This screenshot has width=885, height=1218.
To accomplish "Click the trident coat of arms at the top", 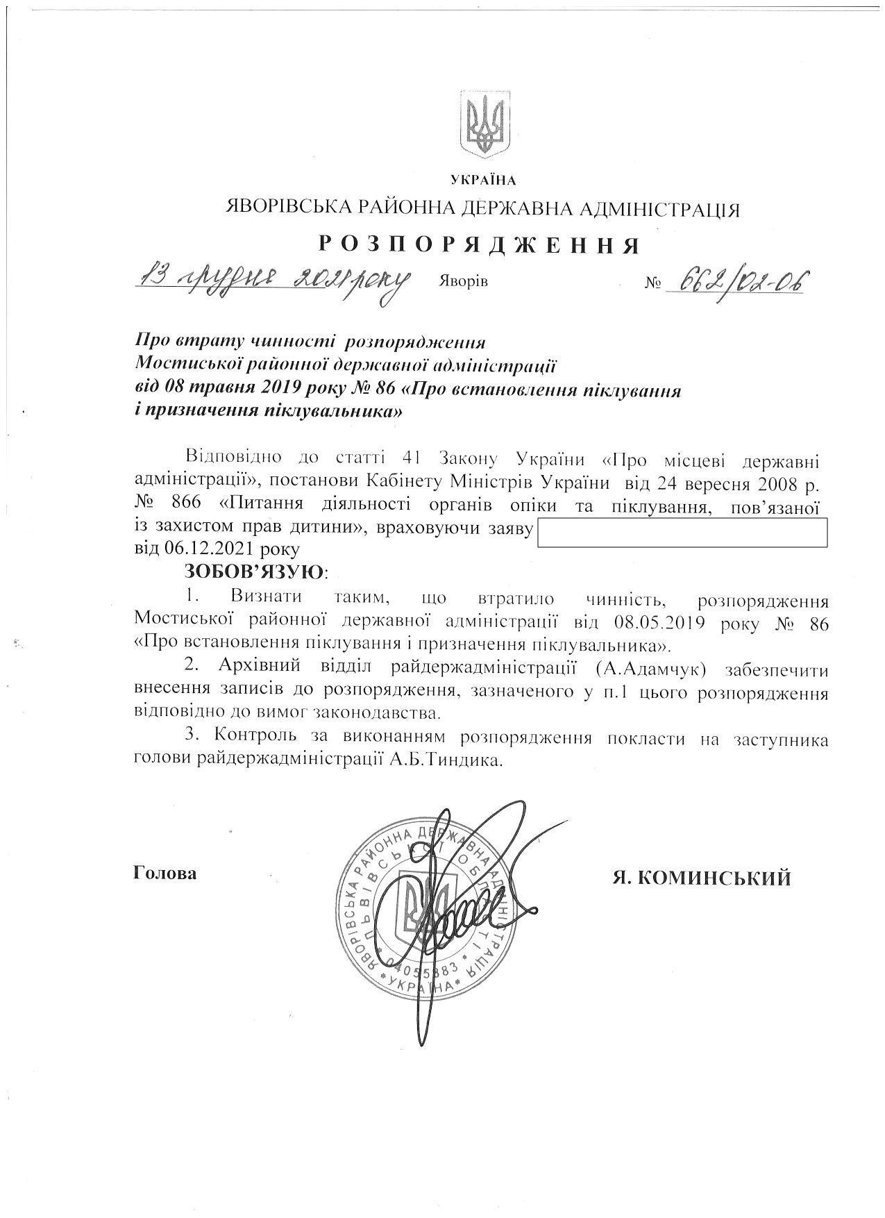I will pos(484,124).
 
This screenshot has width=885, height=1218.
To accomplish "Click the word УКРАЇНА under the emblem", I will pos(484,181).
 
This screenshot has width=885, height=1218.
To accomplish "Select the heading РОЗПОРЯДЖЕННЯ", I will pos(479,244).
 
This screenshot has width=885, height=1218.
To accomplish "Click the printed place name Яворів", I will pos(463,281).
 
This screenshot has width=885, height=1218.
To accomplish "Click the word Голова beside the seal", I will pos(165,873).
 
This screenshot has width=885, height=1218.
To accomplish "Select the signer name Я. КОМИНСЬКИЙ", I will pos(701,878).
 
